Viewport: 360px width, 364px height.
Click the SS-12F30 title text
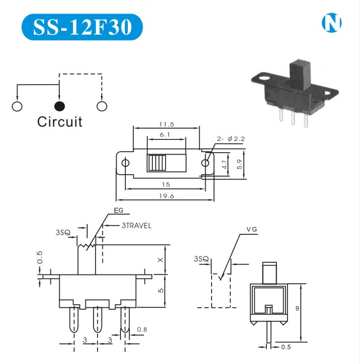82,27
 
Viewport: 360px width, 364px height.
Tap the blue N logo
332,23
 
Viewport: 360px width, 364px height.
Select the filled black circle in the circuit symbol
59,106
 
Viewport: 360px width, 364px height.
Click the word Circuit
60,121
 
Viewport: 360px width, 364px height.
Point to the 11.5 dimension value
167,125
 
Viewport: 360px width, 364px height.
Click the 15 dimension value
166,184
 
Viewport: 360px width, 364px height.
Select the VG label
251,228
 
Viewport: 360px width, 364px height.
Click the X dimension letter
160,260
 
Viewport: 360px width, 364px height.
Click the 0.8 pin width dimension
142,329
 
